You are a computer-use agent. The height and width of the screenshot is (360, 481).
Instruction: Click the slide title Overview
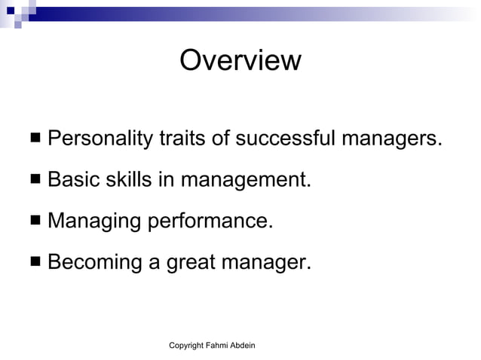(240, 60)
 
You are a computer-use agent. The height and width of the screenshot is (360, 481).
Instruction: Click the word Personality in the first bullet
(100, 139)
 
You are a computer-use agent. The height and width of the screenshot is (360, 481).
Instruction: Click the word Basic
(72, 180)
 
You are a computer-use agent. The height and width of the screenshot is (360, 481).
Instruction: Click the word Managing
(94, 221)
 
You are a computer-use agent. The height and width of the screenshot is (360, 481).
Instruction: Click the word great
(186, 264)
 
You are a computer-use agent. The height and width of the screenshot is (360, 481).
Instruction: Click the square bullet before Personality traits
(36, 139)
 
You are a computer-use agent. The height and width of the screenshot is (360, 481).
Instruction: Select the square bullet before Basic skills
(36, 181)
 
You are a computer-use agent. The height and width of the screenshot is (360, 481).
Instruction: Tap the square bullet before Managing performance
(36, 221)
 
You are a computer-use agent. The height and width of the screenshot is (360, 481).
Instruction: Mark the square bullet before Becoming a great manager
(36, 263)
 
